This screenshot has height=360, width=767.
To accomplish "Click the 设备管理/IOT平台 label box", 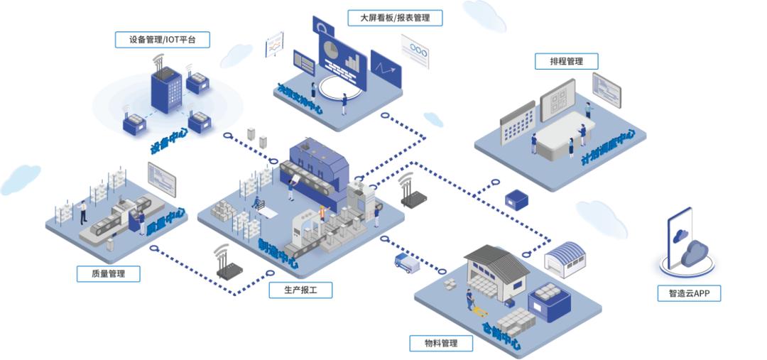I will [x=163, y=40].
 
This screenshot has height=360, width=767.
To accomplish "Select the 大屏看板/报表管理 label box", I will [x=395, y=18].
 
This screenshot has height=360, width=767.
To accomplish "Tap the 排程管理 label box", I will [x=566, y=61].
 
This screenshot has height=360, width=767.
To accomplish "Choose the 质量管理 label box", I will [x=108, y=273].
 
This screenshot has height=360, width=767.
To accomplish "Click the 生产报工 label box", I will [x=300, y=290].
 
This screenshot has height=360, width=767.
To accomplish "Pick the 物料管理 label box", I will [x=441, y=344].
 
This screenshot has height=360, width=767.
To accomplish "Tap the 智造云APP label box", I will [x=689, y=293].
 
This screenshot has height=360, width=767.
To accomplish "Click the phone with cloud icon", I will [x=683, y=239].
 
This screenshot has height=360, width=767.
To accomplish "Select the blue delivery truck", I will [x=406, y=262].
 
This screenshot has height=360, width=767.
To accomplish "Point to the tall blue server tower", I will [x=165, y=91].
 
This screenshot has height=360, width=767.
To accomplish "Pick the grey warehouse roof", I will [x=498, y=260].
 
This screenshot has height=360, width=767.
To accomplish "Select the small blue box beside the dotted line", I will [x=516, y=200].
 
